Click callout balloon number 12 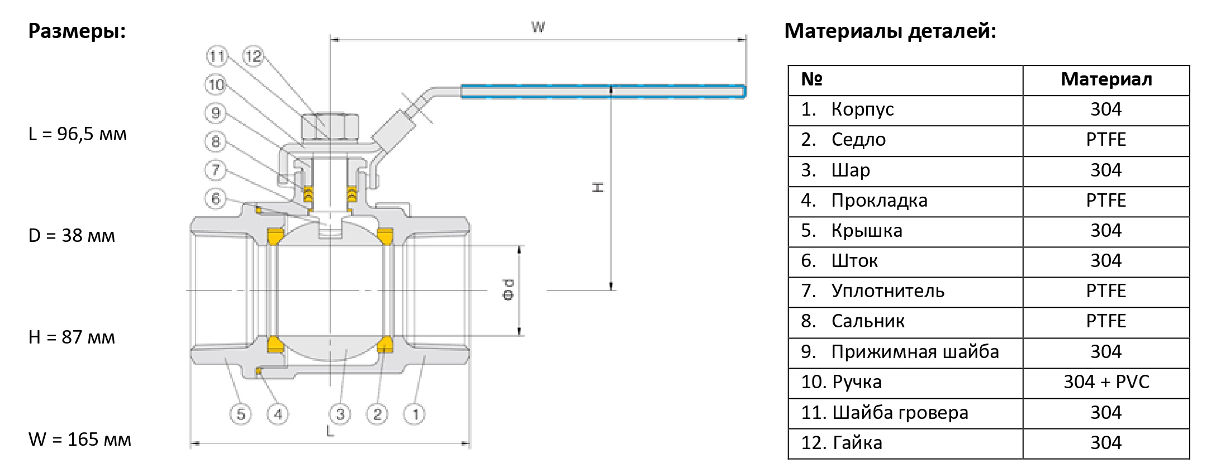[253, 56]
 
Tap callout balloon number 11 [217, 56]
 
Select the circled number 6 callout [216, 198]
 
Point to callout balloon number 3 [340, 414]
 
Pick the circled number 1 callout [415, 414]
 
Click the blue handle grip [603, 92]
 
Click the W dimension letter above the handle [538, 27]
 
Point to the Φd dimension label [508, 289]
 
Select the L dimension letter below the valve [330, 431]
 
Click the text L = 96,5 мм [78, 134]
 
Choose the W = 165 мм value [80, 439]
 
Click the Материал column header [1106, 79]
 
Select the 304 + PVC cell [1106, 382]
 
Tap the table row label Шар [851, 170]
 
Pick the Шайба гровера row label [900, 412]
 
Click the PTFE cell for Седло [1106, 140]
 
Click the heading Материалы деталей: [890, 31]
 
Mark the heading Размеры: [77, 31]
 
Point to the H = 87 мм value [72, 337]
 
